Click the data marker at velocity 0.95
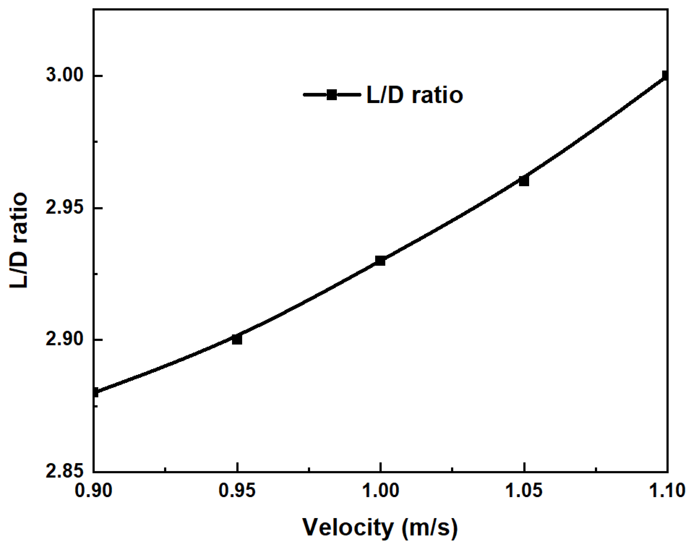tap(237, 339)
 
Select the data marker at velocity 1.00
tap(380, 261)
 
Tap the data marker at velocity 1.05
tap(524, 181)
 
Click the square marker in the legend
tap(332, 95)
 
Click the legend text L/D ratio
tap(414, 95)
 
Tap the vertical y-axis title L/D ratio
tap(18, 240)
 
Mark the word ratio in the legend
tap(437, 95)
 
